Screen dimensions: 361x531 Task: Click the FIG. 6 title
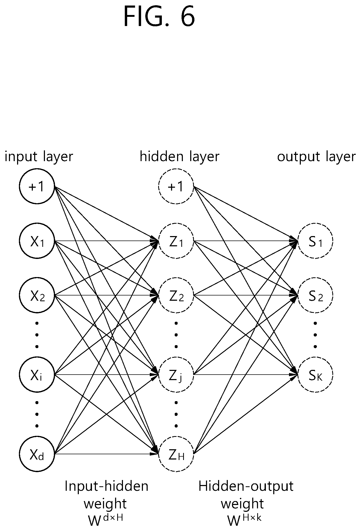click(x=159, y=16)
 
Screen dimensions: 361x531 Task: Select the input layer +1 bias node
click(x=37, y=186)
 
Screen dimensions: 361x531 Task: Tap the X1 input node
click(x=37, y=241)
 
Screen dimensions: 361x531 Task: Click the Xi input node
click(x=37, y=374)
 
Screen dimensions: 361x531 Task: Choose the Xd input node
click(x=37, y=454)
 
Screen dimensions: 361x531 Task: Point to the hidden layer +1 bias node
click(x=176, y=186)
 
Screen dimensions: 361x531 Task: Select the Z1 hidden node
click(x=176, y=241)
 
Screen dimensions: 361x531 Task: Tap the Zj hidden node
click(x=176, y=374)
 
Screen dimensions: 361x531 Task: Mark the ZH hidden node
click(x=176, y=454)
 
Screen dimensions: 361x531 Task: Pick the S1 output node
click(x=315, y=241)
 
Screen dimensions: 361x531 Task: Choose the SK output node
click(x=315, y=374)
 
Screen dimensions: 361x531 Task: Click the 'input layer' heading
click(x=39, y=157)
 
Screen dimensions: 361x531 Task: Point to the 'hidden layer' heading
click(x=179, y=157)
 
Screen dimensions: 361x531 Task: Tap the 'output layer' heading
click(x=316, y=157)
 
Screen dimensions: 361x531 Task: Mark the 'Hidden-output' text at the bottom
click(x=246, y=486)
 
